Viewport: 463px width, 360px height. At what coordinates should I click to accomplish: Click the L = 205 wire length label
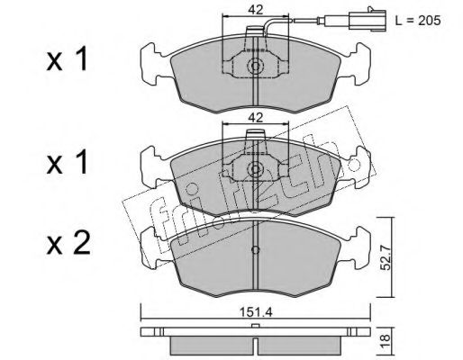click(418, 21)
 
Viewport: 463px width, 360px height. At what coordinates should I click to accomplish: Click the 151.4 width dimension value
click(256, 312)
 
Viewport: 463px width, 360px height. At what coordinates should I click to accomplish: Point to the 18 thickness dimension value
click(386, 341)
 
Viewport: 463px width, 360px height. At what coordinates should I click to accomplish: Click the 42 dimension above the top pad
click(255, 10)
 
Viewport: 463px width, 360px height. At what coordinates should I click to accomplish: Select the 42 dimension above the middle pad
click(255, 117)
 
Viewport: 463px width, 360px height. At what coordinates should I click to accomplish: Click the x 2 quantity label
click(68, 244)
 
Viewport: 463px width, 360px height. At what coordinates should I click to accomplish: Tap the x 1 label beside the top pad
click(67, 58)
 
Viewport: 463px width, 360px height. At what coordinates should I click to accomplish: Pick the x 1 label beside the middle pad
click(67, 162)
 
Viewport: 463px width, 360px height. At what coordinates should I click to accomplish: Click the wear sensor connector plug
click(367, 20)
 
